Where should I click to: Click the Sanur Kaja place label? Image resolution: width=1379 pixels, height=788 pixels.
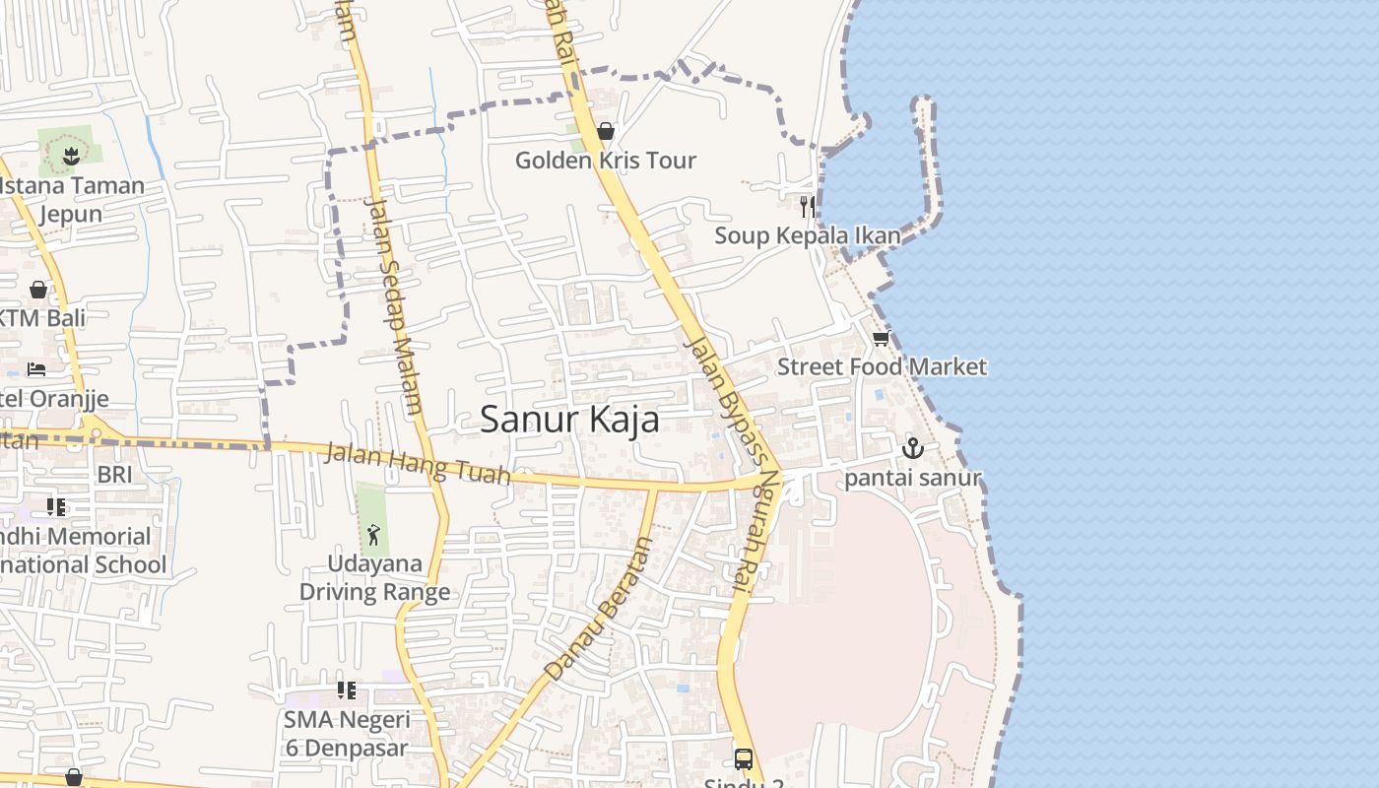coord(569,420)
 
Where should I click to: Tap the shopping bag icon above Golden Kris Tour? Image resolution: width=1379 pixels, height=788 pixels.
coord(606,131)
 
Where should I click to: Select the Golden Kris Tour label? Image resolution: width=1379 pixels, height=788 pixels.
coord(606,160)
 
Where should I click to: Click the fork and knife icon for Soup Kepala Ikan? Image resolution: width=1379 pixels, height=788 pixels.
coord(808,206)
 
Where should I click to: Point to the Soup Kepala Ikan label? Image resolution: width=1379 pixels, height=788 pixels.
coord(808,235)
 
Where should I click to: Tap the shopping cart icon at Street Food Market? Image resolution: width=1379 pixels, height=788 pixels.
coord(881,338)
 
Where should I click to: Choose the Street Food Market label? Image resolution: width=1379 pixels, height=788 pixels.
coord(882,366)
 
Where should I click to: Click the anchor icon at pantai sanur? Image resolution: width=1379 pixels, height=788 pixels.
coord(913,449)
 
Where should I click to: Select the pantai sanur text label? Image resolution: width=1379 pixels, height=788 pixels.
coord(913,478)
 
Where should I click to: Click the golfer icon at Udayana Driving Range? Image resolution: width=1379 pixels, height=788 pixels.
coord(373,535)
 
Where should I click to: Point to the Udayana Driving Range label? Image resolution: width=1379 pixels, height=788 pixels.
coord(374,577)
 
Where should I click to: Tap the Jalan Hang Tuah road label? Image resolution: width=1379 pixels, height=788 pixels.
coord(418,464)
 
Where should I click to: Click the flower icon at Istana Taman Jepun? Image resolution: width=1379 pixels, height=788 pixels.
coord(70,156)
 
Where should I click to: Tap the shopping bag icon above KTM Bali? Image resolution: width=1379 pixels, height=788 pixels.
coord(37,290)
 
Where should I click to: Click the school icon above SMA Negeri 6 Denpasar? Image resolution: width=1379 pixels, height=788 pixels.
coord(346,690)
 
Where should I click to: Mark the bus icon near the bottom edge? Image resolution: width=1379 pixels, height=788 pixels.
coord(744,759)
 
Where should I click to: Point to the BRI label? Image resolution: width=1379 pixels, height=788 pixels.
coord(114,475)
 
